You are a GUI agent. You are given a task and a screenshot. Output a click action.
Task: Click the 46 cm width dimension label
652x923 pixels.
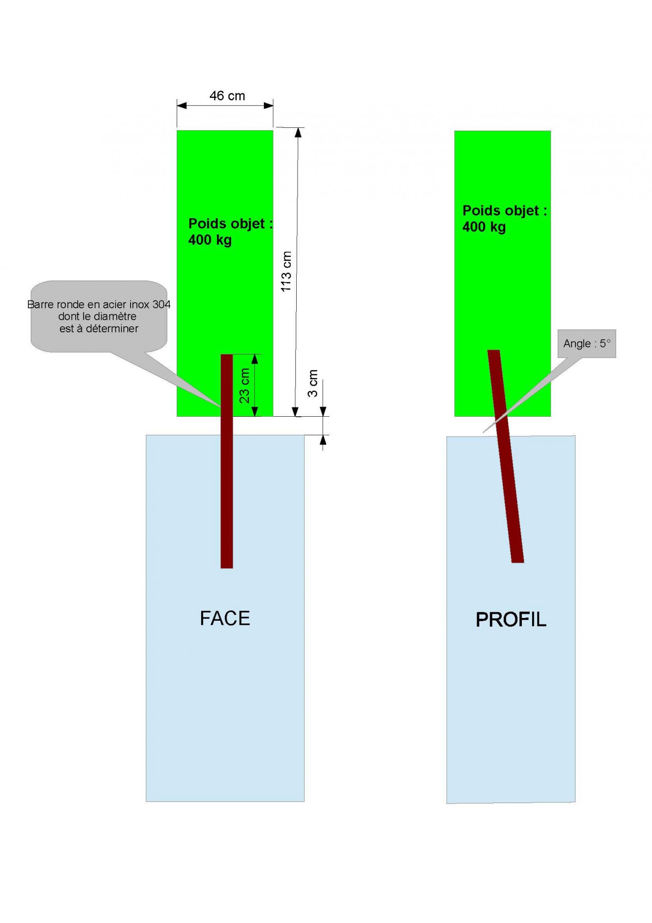pos(227,96)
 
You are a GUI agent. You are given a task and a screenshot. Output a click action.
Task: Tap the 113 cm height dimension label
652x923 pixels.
pos(286,271)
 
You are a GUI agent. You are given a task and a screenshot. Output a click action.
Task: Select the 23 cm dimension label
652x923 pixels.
pos(245,385)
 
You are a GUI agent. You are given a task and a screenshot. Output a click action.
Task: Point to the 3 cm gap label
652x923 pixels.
pos(313,384)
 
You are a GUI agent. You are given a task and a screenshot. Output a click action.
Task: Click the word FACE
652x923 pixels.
pos(225,618)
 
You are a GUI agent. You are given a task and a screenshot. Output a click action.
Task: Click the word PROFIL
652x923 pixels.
pos(511,620)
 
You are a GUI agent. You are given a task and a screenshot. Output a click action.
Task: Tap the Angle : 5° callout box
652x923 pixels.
pos(586,343)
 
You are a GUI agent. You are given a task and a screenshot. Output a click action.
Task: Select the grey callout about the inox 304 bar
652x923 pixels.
pos(98,316)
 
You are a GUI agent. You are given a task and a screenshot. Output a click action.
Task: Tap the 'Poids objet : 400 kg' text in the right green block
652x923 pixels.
pos(504,219)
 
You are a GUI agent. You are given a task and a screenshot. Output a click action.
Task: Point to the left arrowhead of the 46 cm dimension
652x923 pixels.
pos(182,106)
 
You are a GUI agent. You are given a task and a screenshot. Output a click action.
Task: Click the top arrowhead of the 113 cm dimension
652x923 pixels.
pos(298,133)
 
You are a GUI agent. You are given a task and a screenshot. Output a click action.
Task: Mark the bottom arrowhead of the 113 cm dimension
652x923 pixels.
pos(296,412)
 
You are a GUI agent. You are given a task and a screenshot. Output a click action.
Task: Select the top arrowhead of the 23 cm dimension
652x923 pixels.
pos(254,359)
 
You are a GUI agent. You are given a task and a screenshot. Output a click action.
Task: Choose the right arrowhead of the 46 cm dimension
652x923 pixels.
pos(268,106)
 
